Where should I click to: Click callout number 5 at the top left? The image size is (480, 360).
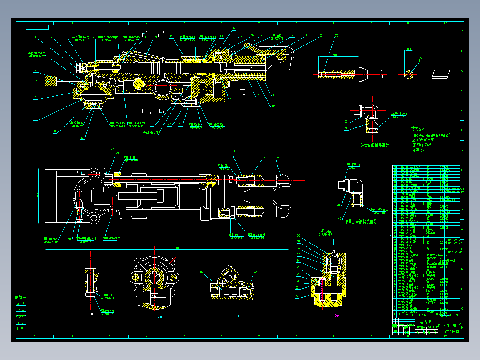[35, 37]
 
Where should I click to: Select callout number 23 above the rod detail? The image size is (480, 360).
[336, 35]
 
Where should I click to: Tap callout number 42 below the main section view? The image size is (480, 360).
[82, 138]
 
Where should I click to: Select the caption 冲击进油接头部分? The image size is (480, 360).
[375, 145]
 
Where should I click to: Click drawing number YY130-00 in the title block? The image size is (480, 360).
[451, 332]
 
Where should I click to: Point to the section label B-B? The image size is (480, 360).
[159, 317]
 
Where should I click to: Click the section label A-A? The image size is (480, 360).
[237, 315]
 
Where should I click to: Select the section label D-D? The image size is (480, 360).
[94, 314]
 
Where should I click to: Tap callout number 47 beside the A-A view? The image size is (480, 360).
[256, 272]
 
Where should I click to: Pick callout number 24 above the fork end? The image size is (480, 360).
[278, 158]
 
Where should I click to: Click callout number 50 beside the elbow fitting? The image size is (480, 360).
[346, 121]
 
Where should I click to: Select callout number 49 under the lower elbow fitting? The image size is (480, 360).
[339, 219]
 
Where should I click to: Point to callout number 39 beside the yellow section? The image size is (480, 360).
[297, 296]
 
